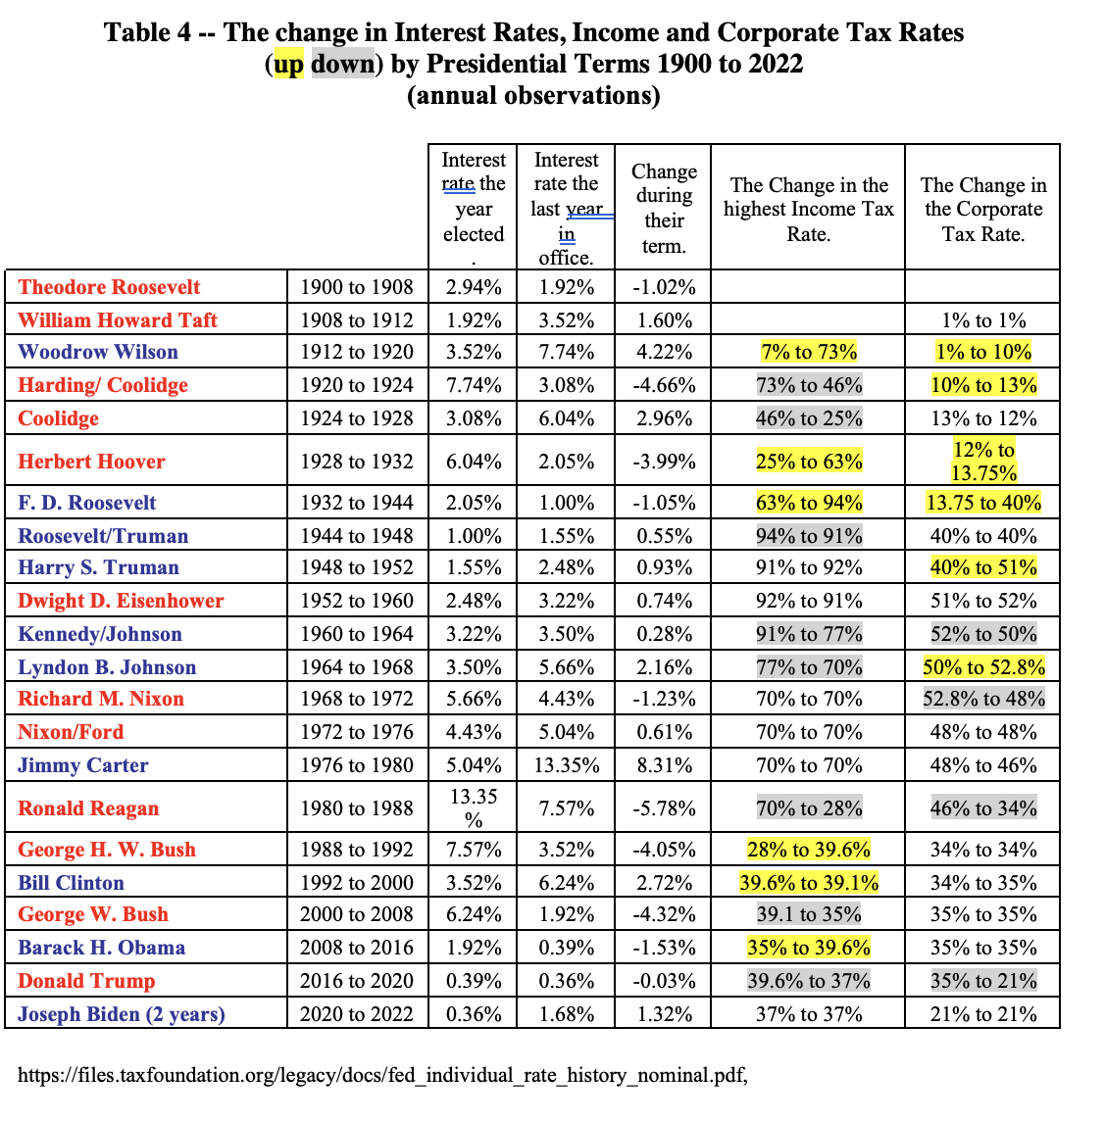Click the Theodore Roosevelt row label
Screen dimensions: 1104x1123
tap(109, 287)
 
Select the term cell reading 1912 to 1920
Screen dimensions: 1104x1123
tap(357, 352)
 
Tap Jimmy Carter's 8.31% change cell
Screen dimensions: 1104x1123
tap(664, 765)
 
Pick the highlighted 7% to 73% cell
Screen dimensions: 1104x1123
tap(808, 352)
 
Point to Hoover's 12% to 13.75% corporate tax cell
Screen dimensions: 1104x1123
tap(983, 462)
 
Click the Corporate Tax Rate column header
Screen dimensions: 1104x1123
tap(983, 209)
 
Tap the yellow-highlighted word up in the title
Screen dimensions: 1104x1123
tap(288, 65)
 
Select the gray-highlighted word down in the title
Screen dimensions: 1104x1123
tap(342, 64)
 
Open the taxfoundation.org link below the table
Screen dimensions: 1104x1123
tap(382, 1075)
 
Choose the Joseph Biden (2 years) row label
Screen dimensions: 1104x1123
tap(121, 1014)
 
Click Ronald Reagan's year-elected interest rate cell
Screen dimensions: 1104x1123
tap(474, 807)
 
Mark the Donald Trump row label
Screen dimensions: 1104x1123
tap(86, 981)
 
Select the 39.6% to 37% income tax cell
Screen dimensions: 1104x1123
tap(808, 981)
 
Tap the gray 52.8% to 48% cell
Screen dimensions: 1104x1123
tap(983, 699)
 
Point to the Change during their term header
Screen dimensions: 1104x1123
tap(664, 209)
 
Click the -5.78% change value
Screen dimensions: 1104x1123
tap(664, 808)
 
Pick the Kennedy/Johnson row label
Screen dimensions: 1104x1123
tap(100, 634)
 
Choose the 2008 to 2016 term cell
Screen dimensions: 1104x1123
tap(357, 948)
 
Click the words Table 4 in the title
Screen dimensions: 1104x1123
tap(148, 33)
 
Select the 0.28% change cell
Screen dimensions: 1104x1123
tap(664, 634)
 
